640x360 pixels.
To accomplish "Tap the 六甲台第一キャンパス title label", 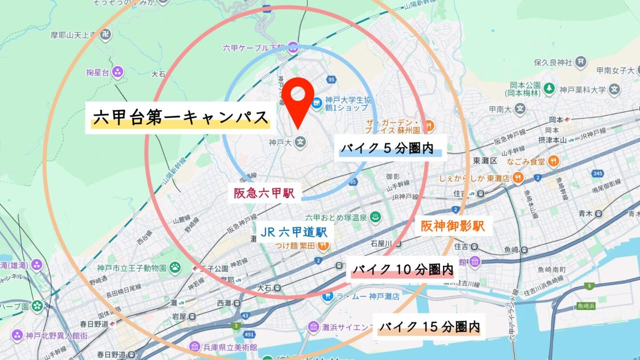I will pyautogui.click(x=180, y=118).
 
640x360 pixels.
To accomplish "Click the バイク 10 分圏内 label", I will pyautogui.click(x=402, y=270).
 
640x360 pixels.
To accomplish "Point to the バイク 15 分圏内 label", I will pyautogui.click(x=429, y=326).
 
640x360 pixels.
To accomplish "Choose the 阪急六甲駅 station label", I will pyautogui.click(x=264, y=193).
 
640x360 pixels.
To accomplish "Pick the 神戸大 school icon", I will pyautogui.click(x=300, y=142).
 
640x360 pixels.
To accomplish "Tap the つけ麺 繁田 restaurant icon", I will pyautogui.click(x=322, y=245).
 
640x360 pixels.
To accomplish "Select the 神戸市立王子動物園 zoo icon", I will pyautogui.click(x=175, y=267).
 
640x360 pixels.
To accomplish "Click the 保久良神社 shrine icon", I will pyautogui.click(x=581, y=62).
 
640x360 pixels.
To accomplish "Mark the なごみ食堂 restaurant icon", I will pyautogui.click(x=555, y=161).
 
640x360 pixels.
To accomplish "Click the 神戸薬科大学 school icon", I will pyautogui.click(x=615, y=89).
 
